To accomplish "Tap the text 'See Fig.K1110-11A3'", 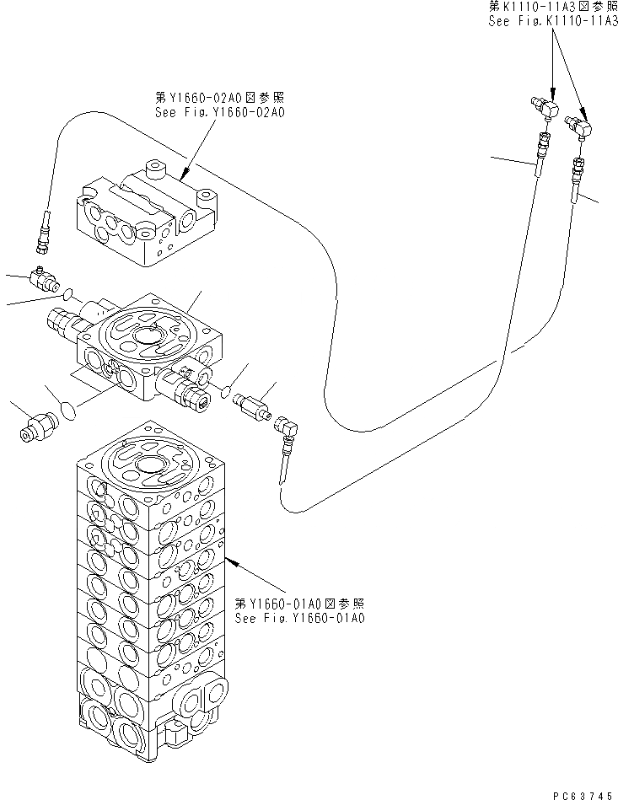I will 552,23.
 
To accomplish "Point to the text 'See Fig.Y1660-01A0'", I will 299,618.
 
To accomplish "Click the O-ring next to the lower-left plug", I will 69,410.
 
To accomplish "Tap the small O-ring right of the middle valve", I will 224,389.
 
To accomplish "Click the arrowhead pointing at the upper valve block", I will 183,178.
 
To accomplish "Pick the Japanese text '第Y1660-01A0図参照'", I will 299,604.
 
